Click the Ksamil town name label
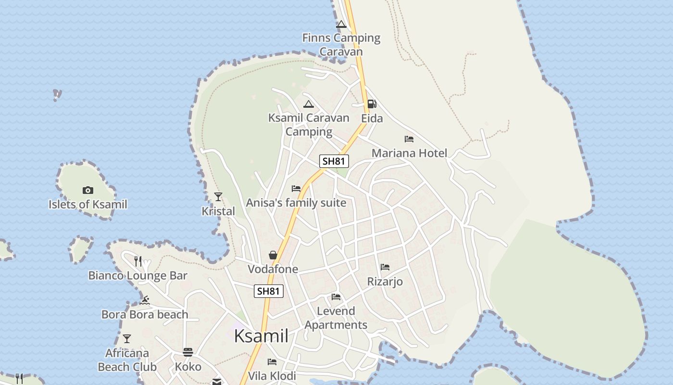pos(261,336)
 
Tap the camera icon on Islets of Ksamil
pos(87,191)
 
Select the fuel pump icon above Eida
pos(372,104)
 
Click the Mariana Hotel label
pos(409,153)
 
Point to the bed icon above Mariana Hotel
pos(409,139)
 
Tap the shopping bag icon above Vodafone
pos(273,255)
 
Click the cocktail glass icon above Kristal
pos(218,196)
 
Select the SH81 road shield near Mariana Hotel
pos(334,161)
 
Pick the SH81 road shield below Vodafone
pos(268,291)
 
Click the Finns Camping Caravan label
pos(341,44)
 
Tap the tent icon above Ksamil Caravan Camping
pos(308,104)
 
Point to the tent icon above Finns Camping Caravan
pos(341,24)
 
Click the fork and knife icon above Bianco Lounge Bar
pos(138,261)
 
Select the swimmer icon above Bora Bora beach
pos(144,301)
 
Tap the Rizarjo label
pos(385,281)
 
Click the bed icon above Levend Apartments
pos(336,297)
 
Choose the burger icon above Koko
pos(188,352)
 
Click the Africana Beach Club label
pos(127,360)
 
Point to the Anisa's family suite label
pos(296,203)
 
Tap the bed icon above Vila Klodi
pos(272,362)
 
